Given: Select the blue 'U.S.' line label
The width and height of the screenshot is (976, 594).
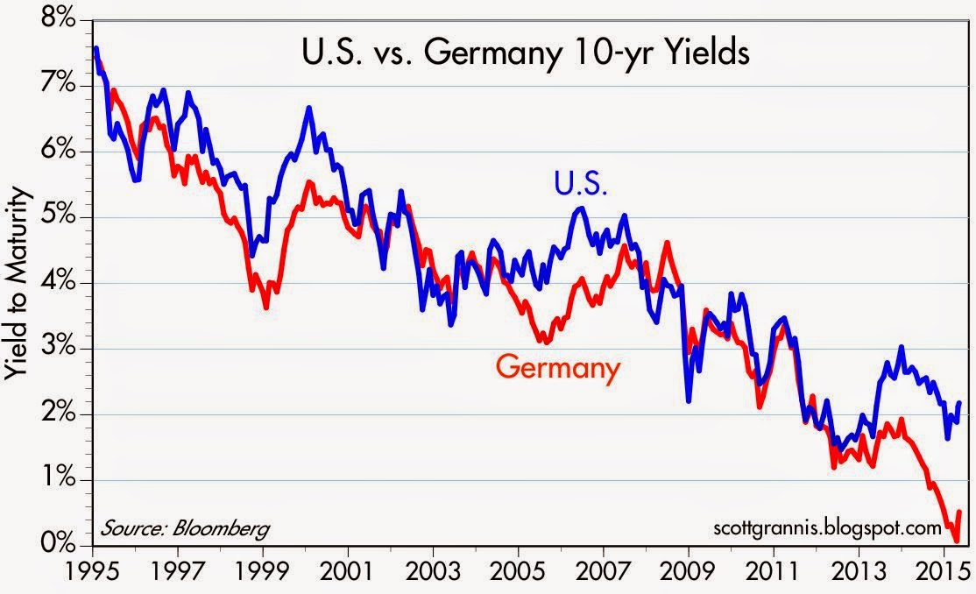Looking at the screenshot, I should pyautogui.click(x=580, y=184).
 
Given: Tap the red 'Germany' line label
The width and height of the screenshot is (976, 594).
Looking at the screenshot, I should pyautogui.click(x=558, y=367).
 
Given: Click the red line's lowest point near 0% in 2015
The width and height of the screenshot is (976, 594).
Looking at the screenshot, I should pyautogui.click(x=956, y=541).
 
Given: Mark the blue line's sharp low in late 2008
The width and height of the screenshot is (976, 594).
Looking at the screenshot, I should pyautogui.click(x=689, y=401).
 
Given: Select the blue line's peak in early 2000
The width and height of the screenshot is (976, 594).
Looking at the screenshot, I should pyautogui.click(x=309, y=108).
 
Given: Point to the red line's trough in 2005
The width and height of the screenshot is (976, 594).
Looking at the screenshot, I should pyautogui.click(x=543, y=342).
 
